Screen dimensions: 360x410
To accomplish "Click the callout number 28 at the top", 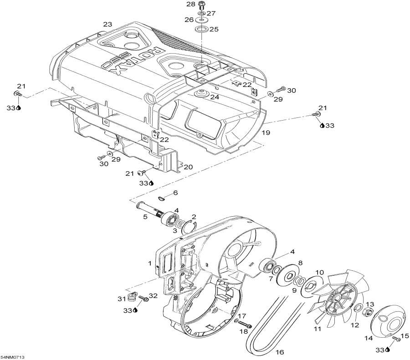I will (x=190, y=5).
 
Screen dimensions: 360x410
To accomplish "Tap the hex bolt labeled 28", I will (x=202, y=5).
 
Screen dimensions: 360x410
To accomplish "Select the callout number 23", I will (x=108, y=24).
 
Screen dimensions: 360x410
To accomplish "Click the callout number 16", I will (x=280, y=352).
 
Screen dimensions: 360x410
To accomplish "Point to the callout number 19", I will (x=266, y=132).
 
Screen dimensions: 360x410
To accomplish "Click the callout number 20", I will (x=188, y=167).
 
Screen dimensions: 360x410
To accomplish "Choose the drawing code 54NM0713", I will (x=12, y=357).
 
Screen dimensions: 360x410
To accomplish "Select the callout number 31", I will (x=121, y=299).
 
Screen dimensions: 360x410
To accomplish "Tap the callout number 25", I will (x=214, y=29).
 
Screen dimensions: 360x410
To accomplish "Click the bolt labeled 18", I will (x=245, y=325).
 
